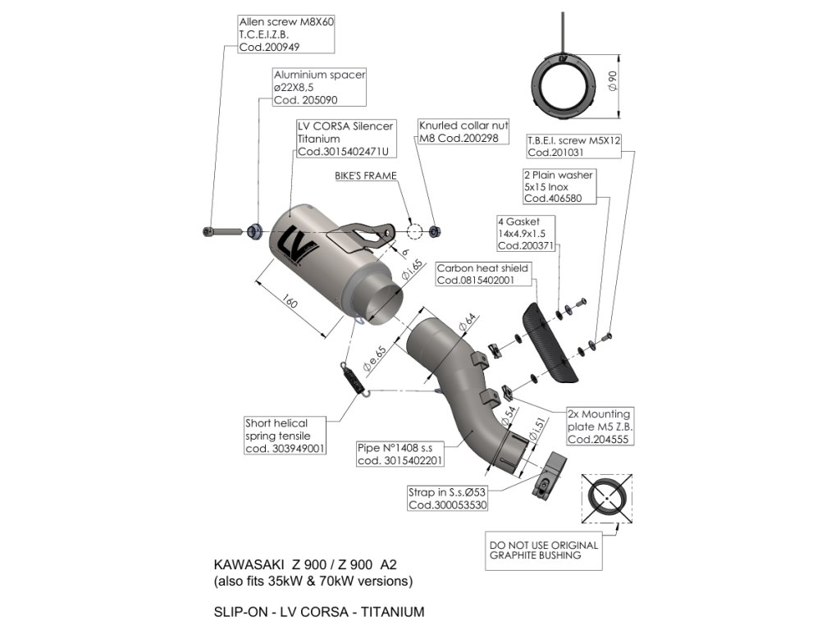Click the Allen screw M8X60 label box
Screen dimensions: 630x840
click(275, 34)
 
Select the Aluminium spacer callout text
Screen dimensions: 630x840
click(318, 87)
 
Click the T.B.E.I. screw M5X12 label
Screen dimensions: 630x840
click(574, 147)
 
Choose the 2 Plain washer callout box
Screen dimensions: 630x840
click(558, 186)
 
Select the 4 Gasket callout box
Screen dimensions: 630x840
click(525, 234)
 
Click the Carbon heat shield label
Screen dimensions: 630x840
click(482, 274)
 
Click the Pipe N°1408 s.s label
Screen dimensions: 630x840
click(400, 454)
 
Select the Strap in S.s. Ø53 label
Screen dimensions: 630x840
click(448, 499)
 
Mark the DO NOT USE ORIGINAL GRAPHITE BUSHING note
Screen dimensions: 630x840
click(543, 550)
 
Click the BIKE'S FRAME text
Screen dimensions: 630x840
click(365, 176)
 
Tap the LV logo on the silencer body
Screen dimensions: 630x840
click(290, 245)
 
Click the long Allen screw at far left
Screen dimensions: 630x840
click(222, 231)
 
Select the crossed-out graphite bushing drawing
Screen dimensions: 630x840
click(607, 499)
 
